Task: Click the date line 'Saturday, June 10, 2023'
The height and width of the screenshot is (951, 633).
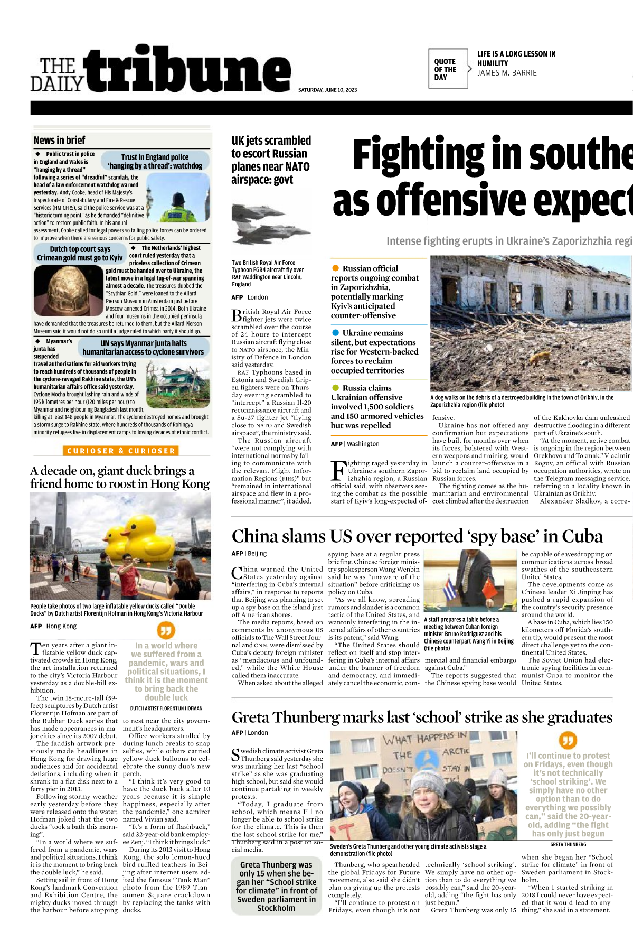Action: [327, 90]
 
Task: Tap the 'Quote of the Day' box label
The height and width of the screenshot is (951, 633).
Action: [445, 69]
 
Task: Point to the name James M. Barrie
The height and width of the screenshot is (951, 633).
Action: [507, 73]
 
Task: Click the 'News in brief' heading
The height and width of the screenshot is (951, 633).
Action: [59, 140]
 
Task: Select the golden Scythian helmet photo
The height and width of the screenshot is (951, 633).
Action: [69, 291]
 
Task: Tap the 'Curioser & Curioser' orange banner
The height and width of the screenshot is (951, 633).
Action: [121, 451]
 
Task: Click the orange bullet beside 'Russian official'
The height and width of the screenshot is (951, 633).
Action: [335, 268]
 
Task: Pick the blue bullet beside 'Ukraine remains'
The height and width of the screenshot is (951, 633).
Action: [335, 333]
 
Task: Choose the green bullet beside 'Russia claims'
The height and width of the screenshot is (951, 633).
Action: [335, 388]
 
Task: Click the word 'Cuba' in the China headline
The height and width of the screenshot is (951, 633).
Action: [582, 536]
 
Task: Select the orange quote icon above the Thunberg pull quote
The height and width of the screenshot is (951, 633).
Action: [568, 740]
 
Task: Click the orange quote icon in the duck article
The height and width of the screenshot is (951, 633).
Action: [166, 630]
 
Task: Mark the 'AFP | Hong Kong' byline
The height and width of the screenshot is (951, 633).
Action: [53, 626]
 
